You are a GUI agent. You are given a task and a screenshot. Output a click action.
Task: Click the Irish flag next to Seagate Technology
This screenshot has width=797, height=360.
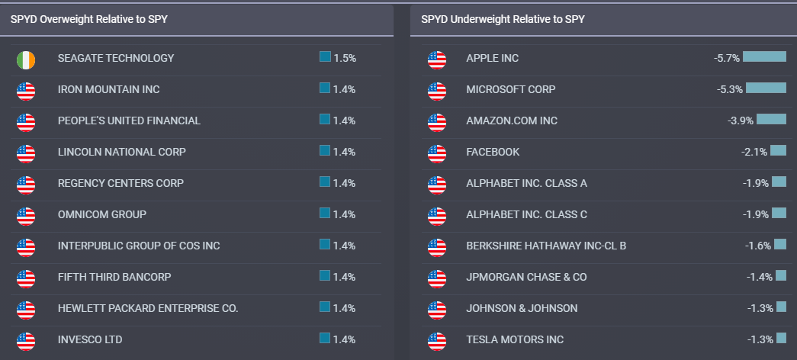coord(26,59)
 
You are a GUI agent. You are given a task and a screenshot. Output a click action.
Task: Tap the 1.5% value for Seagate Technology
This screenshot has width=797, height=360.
coord(345,58)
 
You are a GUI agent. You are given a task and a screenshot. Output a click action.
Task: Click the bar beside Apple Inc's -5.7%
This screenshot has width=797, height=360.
coord(764,56)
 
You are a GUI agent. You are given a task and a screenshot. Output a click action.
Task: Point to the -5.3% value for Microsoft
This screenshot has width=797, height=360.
coord(730,89)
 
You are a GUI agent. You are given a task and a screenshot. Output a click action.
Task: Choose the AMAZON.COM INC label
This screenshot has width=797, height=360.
coord(512,121)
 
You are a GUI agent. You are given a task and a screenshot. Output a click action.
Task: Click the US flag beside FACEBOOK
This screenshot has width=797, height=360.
coord(437,153)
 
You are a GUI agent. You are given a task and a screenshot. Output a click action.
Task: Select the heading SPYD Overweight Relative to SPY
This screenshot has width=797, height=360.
coord(88,20)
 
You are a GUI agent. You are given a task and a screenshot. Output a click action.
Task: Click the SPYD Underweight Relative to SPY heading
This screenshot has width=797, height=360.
coord(503,20)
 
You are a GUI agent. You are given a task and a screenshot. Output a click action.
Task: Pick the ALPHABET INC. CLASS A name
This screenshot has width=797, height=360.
coord(526,183)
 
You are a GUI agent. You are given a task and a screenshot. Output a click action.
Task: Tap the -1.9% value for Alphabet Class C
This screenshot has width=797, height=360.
coord(756,214)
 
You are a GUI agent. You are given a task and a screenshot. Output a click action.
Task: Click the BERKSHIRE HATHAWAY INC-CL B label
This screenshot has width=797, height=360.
coord(546,246)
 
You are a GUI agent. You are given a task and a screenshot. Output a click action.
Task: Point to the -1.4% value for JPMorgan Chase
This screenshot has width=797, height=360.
coord(760,277)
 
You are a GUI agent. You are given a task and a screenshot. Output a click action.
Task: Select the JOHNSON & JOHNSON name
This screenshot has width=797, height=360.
coord(522,308)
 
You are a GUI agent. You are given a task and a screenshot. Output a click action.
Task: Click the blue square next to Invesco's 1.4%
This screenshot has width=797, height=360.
coord(325,338)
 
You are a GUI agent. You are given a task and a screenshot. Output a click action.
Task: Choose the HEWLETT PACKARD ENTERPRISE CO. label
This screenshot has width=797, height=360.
coord(148,308)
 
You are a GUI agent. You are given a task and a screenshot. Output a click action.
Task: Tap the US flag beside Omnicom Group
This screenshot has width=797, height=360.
coord(26,216)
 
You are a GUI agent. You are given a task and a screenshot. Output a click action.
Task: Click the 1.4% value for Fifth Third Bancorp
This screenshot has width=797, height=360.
coord(345,277)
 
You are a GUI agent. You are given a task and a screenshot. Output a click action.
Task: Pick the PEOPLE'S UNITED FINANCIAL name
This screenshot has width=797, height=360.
coord(129,121)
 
